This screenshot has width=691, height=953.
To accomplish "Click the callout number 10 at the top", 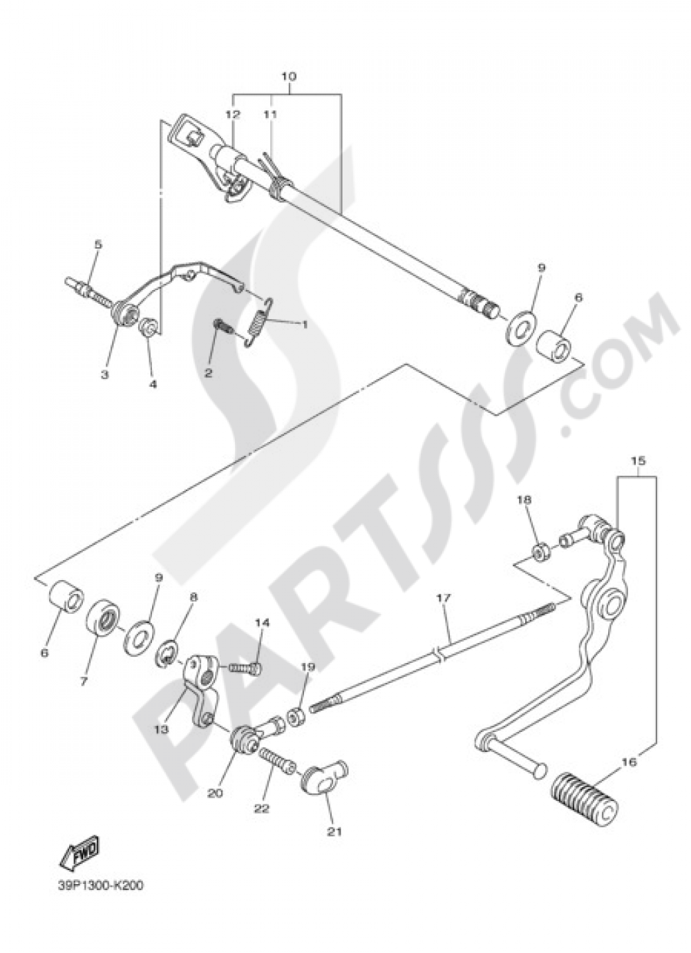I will tap(288, 75).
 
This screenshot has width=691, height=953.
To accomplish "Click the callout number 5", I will tap(97, 244).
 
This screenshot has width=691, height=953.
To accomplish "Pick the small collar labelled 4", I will tap(149, 327).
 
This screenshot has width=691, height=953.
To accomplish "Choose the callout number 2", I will tap(207, 372).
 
